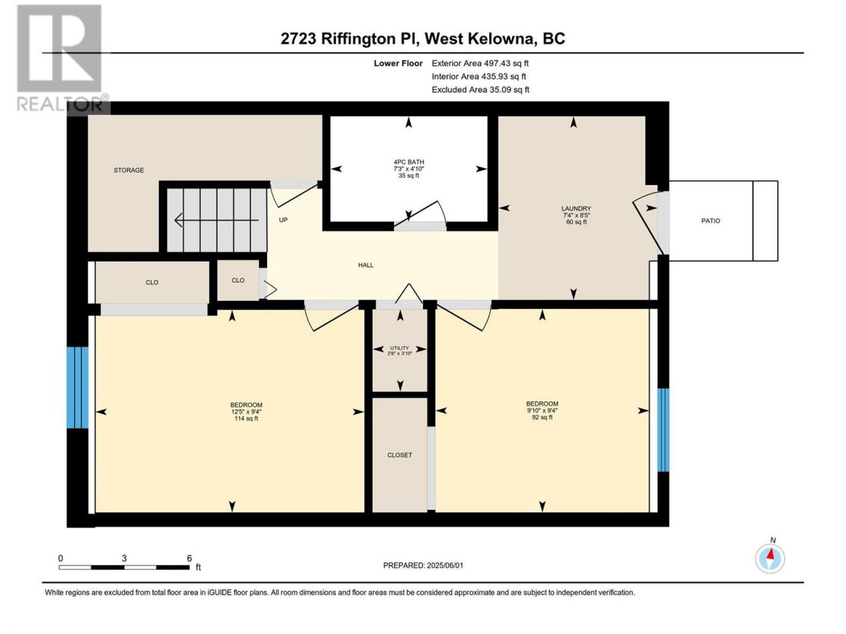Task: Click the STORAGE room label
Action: click(x=129, y=170)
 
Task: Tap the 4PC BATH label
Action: click(x=408, y=162)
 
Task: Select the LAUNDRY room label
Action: click(x=576, y=209)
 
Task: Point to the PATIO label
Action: click(x=711, y=221)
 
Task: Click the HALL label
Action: click(x=365, y=265)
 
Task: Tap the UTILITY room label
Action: click(x=399, y=348)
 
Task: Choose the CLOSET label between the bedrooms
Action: click(x=400, y=455)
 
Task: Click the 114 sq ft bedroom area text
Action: click(x=246, y=419)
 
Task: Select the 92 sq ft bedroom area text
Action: click(x=542, y=417)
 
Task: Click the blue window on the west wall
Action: click(x=77, y=388)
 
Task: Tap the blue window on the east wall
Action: click(x=663, y=430)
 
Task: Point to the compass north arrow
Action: click(x=771, y=555)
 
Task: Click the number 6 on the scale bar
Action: click(x=189, y=558)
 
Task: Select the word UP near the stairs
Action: click(x=284, y=220)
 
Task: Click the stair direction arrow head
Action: click(x=179, y=221)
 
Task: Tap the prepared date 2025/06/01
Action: click(x=445, y=565)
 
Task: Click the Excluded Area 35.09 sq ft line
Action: click(x=481, y=90)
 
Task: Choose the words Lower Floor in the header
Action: click(x=398, y=63)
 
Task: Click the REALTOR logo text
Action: click(x=61, y=104)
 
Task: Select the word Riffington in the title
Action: click(x=358, y=39)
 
